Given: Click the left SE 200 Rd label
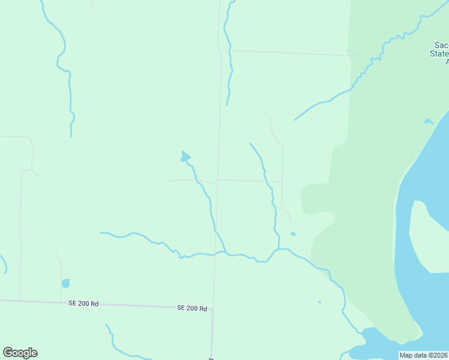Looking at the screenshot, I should [x=83, y=304].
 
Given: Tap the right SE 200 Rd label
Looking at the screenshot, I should [x=192, y=308].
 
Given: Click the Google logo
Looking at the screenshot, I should [x=20, y=353].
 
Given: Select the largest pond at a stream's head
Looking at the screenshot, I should [x=185, y=157].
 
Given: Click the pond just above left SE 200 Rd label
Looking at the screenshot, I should [x=65, y=283].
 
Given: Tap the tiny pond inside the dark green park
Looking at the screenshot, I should [x=428, y=122].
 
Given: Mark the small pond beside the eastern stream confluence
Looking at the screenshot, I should [x=292, y=234].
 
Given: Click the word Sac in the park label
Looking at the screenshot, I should [x=441, y=46].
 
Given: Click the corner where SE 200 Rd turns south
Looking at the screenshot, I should [x=212, y=310].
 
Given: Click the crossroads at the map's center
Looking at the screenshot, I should [x=218, y=179].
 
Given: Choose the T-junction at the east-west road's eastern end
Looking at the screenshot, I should [x=283, y=181].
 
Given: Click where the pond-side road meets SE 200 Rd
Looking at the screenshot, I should [x=61, y=302].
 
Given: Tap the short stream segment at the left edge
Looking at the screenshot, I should [x=4, y=264].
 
